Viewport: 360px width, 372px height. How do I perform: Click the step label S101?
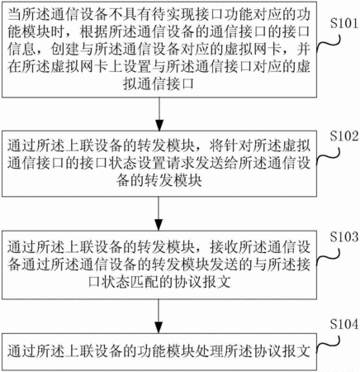pyautogui.click(x=345, y=24)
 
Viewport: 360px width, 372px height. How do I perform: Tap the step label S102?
pyautogui.click(x=345, y=136)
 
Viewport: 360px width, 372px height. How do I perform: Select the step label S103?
pyautogui.click(x=345, y=236)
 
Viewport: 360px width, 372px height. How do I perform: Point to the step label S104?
pyautogui.click(x=345, y=324)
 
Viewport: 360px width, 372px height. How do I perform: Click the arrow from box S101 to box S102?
pyautogui.click(x=159, y=114)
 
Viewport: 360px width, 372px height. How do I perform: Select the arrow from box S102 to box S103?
pyautogui.click(x=159, y=213)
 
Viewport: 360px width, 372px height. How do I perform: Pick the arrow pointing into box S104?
pyautogui.click(x=159, y=316)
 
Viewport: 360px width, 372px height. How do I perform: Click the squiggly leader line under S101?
pyautogui.click(x=329, y=44)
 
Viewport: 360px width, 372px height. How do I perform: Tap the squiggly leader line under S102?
pyautogui.click(x=329, y=155)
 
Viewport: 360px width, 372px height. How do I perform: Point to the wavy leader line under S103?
pyautogui.click(x=329, y=257)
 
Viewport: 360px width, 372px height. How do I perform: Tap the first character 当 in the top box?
pyautogui.click(x=15, y=15)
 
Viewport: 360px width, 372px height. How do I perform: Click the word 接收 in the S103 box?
pyautogui.click(x=224, y=247)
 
